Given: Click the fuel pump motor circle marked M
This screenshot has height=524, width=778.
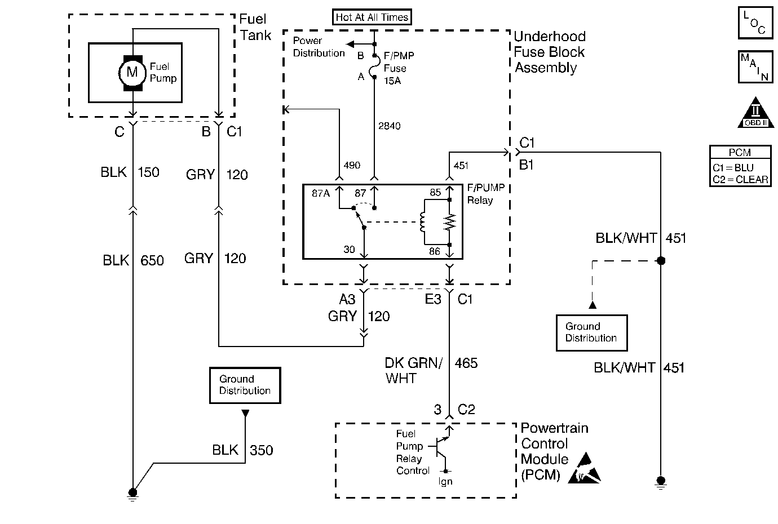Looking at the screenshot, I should pos(132,72).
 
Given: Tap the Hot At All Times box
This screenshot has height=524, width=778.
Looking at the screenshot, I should pos(372,17).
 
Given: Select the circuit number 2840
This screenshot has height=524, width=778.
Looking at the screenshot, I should pos(389,126).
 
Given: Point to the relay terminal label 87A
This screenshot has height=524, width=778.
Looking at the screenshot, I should pos(321,193).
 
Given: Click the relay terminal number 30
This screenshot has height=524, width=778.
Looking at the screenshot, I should pos(349,249).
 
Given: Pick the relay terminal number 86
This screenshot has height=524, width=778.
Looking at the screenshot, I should pos(434,251).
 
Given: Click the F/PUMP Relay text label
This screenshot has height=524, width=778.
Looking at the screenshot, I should pos(485,194).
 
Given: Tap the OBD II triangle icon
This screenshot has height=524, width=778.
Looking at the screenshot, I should pos(754,114).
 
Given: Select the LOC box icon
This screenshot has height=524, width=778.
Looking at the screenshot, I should pos(755,23).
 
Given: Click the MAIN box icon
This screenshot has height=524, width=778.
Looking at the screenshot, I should pos(755,66).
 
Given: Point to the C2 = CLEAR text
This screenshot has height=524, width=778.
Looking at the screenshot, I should pos(740,180).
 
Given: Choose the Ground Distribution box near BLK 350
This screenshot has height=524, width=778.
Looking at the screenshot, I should pos(245,385).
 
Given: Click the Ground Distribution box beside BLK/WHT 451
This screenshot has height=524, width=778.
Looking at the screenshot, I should pos(591,332).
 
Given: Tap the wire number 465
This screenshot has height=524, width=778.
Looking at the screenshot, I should pos(466,363).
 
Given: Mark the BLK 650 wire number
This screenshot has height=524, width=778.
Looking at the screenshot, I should pos(152,260).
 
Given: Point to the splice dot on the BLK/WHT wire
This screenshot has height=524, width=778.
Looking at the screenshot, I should pos(661,261).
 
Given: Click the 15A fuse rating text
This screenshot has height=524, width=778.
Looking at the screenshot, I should pos(393,80).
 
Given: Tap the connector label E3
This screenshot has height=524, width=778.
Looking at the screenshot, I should pos(432,299).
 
